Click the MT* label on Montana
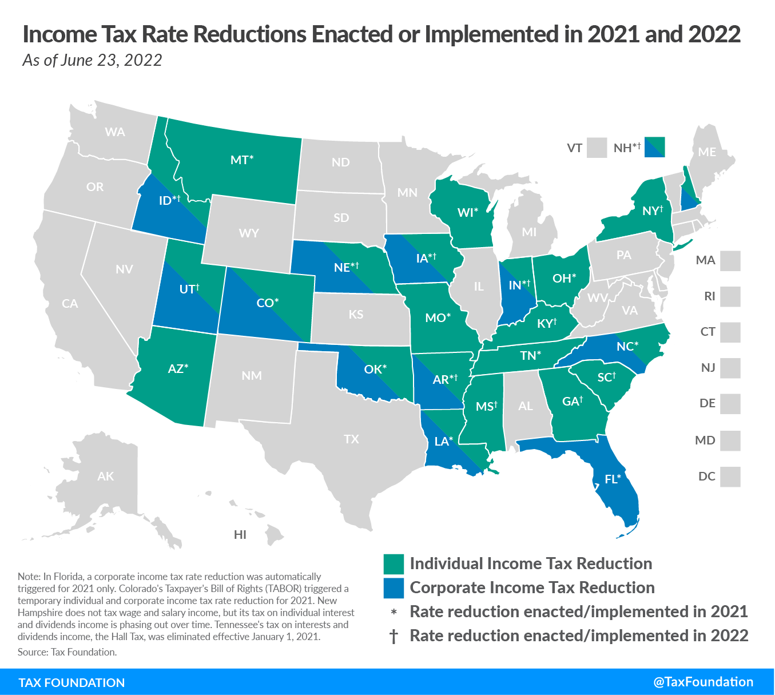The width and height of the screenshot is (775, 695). pyautogui.click(x=241, y=160)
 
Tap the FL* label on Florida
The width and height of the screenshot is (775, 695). pyautogui.click(x=613, y=479)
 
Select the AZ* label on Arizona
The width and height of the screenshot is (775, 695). pyautogui.click(x=178, y=369)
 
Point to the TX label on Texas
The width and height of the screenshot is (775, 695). pyautogui.click(x=351, y=439)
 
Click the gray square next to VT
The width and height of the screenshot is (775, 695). pyautogui.click(x=597, y=148)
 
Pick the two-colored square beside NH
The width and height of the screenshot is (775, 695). pyautogui.click(x=654, y=147)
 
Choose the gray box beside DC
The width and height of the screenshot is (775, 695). pyautogui.click(x=730, y=476)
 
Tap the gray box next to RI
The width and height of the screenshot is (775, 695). pyautogui.click(x=730, y=296)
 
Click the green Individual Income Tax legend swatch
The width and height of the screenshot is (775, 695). pyautogui.click(x=394, y=564)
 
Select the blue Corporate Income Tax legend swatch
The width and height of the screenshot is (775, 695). pyautogui.click(x=394, y=588)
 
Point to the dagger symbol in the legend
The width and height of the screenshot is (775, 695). pyautogui.click(x=394, y=636)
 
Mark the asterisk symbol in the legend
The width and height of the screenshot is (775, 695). pyautogui.click(x=394, y=613)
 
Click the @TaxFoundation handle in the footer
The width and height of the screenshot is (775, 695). pyautogui.click(x=703, y=682)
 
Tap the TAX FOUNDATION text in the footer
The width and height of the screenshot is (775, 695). pyautogui.click(x=71, y=682)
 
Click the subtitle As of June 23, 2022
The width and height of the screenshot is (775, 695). pyautogui.click(x=92, y=60)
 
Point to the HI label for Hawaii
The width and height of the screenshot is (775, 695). pyautogui.click(x=240, y=535)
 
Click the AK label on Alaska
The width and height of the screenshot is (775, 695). pyautogui.click(x=105, y=476)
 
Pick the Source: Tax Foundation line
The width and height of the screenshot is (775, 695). pyautogui.click(x=67, y=652)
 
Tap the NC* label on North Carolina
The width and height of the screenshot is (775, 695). pyautogui.click(x=627, y=347)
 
